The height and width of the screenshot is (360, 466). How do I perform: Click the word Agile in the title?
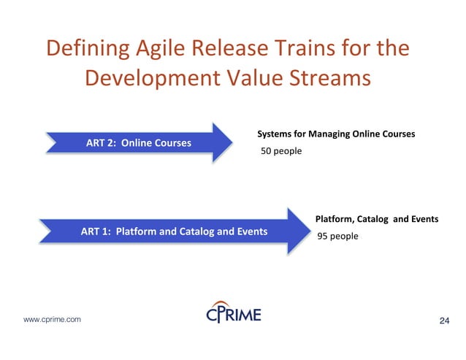pyautogui.click(x=157, y=49)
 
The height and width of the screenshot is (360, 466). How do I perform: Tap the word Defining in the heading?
pyautogui.click(x=85, y=49)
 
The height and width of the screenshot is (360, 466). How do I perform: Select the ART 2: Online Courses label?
pyautogui.click(x=139, y=142)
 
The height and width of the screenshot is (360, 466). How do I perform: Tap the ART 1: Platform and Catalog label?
pyautogui.click(x=174, y=231)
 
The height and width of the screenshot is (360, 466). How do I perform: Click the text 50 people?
pyautogui.click(x=281, y=152)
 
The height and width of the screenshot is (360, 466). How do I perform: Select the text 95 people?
pyautogui.click(x=337, y=236)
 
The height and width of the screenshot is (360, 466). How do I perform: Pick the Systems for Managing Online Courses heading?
pyautogui.click(x=336, y=134)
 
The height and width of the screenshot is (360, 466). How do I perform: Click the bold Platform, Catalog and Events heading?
pyautogui.click(x=376, y=218)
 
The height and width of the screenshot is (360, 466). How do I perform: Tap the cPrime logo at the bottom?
pyautogui.click(x=232, y=314)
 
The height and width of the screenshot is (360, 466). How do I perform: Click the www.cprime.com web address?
pyautogui.click(x=53, y=320)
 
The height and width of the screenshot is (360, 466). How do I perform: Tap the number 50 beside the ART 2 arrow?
pyautogui.click(x=267, y=152)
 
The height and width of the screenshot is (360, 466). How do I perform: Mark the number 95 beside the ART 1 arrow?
pyautogui.click(x=322, y=236)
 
